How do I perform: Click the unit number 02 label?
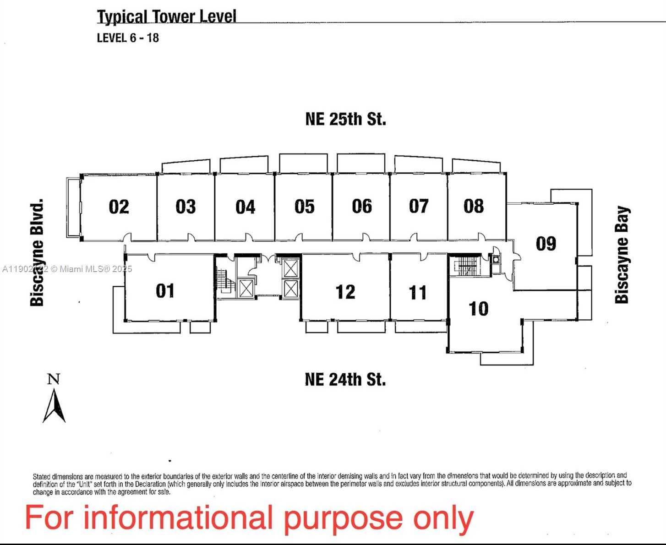pos(119,207)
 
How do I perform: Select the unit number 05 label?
pos(305,207)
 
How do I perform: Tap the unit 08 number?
pos(473,207)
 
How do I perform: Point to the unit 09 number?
pos(546,244)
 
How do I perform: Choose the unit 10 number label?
pos(479,309)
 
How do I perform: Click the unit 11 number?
pos(417,293)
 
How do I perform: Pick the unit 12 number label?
pos(345,292)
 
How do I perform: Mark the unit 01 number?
pos(165,291)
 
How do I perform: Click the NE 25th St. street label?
pos(345,119)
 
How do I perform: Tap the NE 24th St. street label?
pos(345,380)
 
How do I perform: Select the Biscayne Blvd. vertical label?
pos(37,252)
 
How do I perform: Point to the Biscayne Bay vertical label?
pos(622,255)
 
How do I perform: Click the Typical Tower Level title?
pos(166,17)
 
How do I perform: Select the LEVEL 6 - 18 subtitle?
pos(128,38)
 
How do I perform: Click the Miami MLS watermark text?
pos(67,269)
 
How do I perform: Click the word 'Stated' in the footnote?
pos(41,476)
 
